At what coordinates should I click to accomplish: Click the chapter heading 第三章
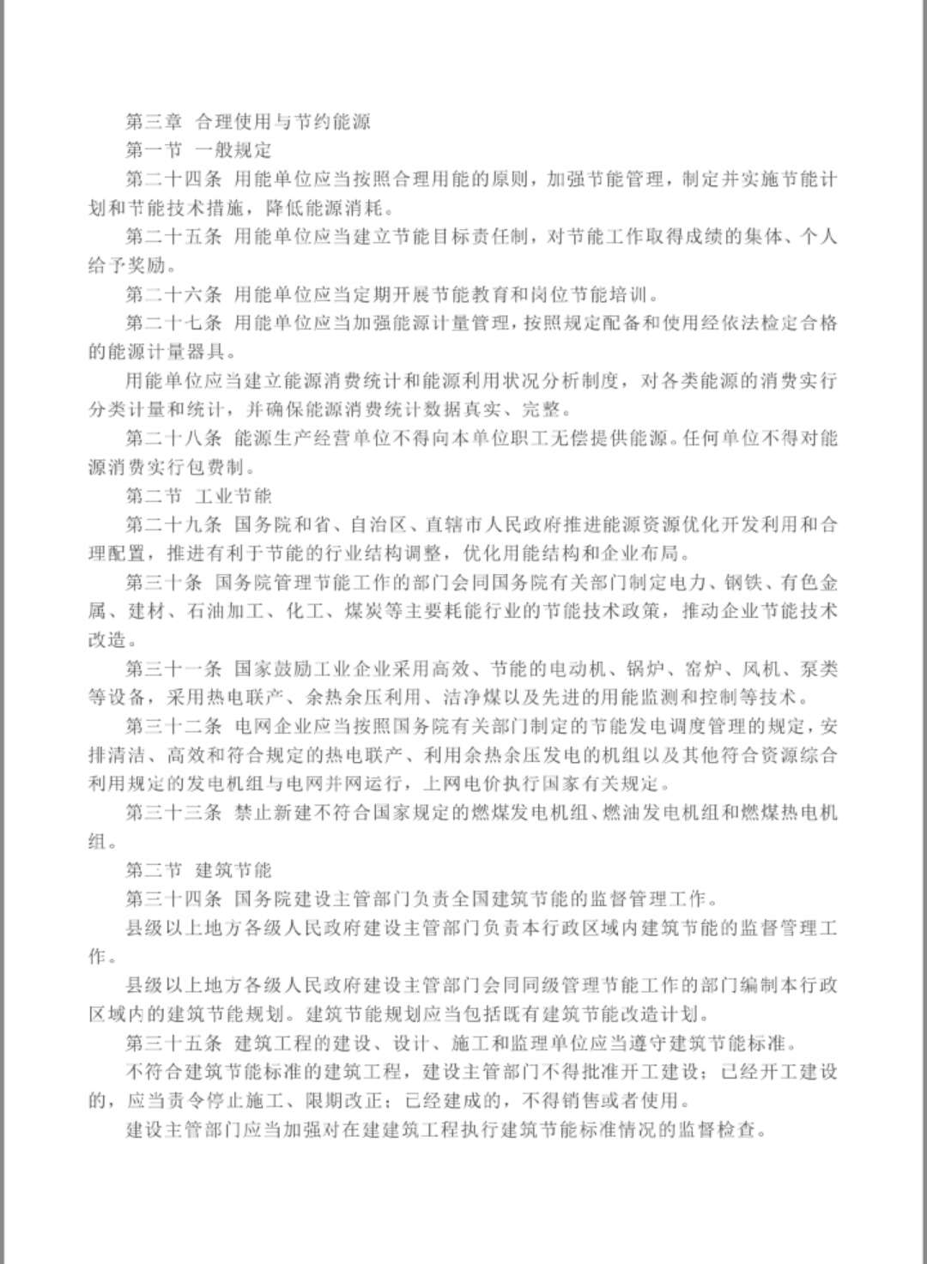pyautogui.click(x=154, y=122)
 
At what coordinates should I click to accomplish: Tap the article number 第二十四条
pyautogui.click(x=173, y=179)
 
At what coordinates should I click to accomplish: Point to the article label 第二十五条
pyautogui.click(x=173, y=237)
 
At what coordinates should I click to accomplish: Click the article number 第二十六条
pyautogui.click(x=173, y=295)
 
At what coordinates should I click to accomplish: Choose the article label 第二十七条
pyautogui.click(x=173, y=324)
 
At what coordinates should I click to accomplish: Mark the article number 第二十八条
pyautogui.click(x=173, y=438)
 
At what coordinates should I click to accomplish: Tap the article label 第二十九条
pyautogui.click(x=173, y=525)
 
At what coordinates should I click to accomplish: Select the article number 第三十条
pyautogui.click(x=164, y=583)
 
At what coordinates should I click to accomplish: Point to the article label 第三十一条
pyautogui.click(x=173, y=669)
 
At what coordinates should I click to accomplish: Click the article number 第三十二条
pyautogui.click(x=173, y=727)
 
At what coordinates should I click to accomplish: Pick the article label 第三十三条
pyautogui.click(x=173, y=813)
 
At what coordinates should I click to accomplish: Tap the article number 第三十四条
pyautogui.click(x=173, y=899)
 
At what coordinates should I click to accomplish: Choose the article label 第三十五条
pyautogui.click(x=173, y=1043)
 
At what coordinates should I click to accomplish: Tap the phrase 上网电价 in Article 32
pyautogui.click(x=476, y=784)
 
